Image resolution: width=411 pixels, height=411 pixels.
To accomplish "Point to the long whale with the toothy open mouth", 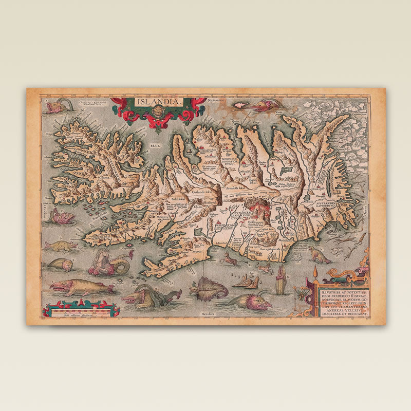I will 80,287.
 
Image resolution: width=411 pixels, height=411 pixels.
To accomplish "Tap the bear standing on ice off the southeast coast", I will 318,255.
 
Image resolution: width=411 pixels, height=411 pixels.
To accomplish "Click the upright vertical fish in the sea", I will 281,281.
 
